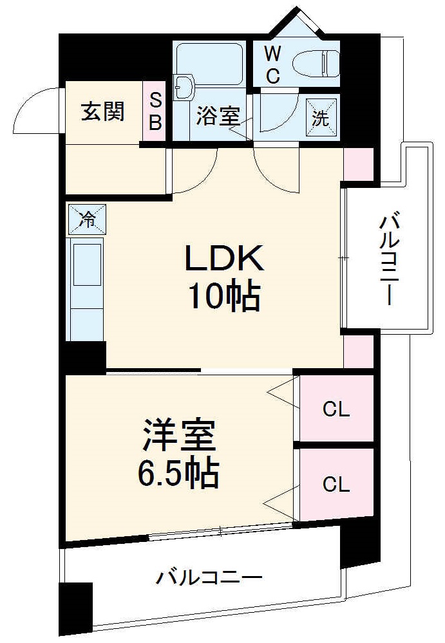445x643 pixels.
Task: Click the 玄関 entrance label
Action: point(102,112)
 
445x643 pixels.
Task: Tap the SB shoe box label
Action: point(155,112)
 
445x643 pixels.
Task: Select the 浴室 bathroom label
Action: point(218,117)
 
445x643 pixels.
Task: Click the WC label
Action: point(272,65)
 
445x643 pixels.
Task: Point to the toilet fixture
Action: point(316,62)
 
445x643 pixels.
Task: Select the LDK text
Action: point(225,259)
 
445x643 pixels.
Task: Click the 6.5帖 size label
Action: point(178,475)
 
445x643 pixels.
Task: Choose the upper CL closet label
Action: point(336,410)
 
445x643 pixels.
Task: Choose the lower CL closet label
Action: point(336,484)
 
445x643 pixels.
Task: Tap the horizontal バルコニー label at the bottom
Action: point(209,577)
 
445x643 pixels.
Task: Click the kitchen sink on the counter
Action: point(86,264)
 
